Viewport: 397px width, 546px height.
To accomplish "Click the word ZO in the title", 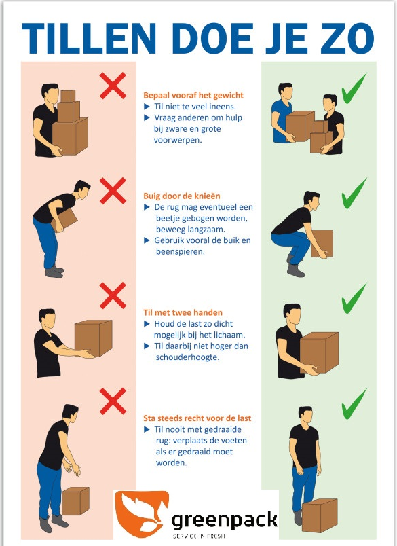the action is click(347, 39).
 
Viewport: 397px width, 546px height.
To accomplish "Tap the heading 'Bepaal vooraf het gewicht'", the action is click(193, 95).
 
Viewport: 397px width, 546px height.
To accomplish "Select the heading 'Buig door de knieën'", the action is click(182, 196).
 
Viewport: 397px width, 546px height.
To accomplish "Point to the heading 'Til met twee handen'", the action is click(183, 312).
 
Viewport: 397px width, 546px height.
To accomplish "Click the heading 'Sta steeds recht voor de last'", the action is click(197, 418).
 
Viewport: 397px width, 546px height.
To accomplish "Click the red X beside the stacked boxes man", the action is click(113, 86).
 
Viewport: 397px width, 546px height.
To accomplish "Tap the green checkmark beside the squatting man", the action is click(354, 194).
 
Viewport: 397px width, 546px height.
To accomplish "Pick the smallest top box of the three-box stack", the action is click(68, 96).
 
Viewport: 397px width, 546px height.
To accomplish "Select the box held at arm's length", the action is click(93, 338).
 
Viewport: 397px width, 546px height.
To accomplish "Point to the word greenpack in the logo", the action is click(225, 521).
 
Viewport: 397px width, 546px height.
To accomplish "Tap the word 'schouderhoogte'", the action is click(187, 357).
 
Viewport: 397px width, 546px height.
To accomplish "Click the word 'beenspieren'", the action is click(181, 251).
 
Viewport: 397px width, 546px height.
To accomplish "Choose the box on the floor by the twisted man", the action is click(75, 501).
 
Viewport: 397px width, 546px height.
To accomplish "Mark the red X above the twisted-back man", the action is click(113, 401).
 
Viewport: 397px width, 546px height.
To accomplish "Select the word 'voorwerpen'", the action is click(178, 140).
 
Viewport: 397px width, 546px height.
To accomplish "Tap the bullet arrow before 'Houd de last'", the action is click(147, 324).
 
